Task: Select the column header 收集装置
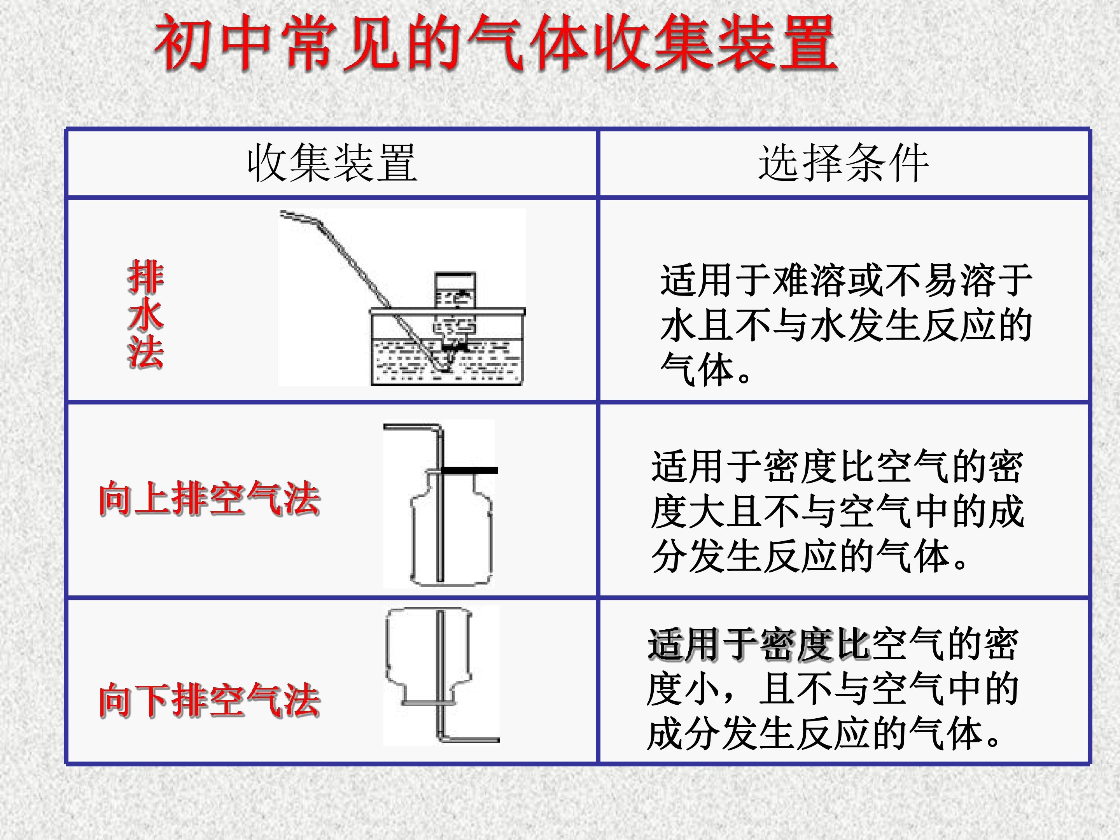pyautogui.click(x=332, y=163)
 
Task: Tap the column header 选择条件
pyautogui.click(x=843, y=163)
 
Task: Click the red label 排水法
pyautogui.click(x=146, y=314)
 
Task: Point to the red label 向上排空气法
pyautogui.click(x=210, y=499)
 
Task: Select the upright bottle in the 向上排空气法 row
pyautogui.click(x=451, y=528)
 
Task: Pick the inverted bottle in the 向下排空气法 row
pyautogui.click(x=429, y=657)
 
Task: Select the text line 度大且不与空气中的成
pyautogui.click(x=838, y=511)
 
